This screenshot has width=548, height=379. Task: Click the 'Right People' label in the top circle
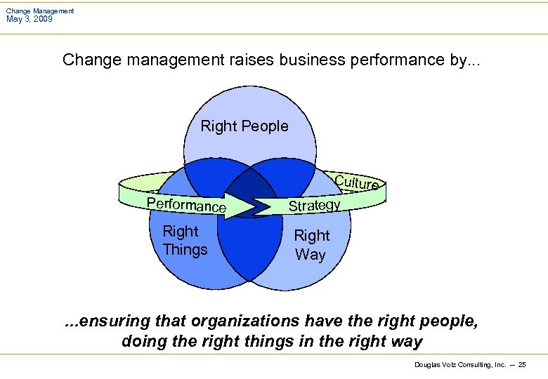click(244, 126)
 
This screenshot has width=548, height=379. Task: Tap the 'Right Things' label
click(185, 241)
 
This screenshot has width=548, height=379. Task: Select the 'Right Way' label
click(311, 245)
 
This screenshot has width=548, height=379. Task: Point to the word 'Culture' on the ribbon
click(357, 183)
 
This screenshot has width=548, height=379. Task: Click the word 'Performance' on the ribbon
click(186, 205)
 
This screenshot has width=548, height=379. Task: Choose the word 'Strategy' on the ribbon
click(315, 205)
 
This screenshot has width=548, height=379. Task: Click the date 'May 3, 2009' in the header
click(29, 19)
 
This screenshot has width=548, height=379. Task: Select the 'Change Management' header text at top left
click(40, 11)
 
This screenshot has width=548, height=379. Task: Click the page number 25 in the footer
click(521, 365)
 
